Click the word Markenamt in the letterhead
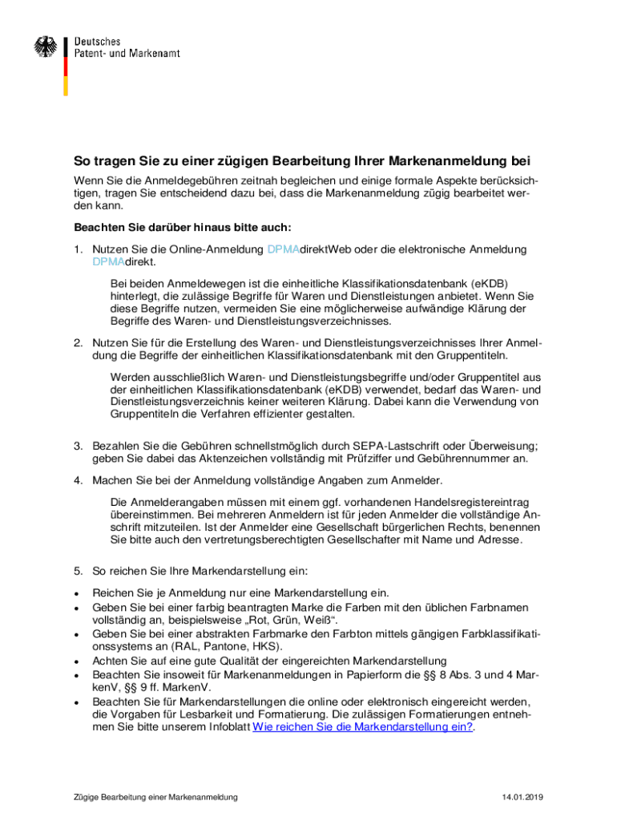pyautogui.click(x=154, y=53)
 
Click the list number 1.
pyautogui.click(x=78, y=249)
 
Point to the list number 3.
pyautogui.click(x=78, y=445)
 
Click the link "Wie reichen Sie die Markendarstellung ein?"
pyautogui.click(x=362, y=727)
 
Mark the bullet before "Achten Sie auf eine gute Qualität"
pyautogui.click(x=76, y=661)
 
